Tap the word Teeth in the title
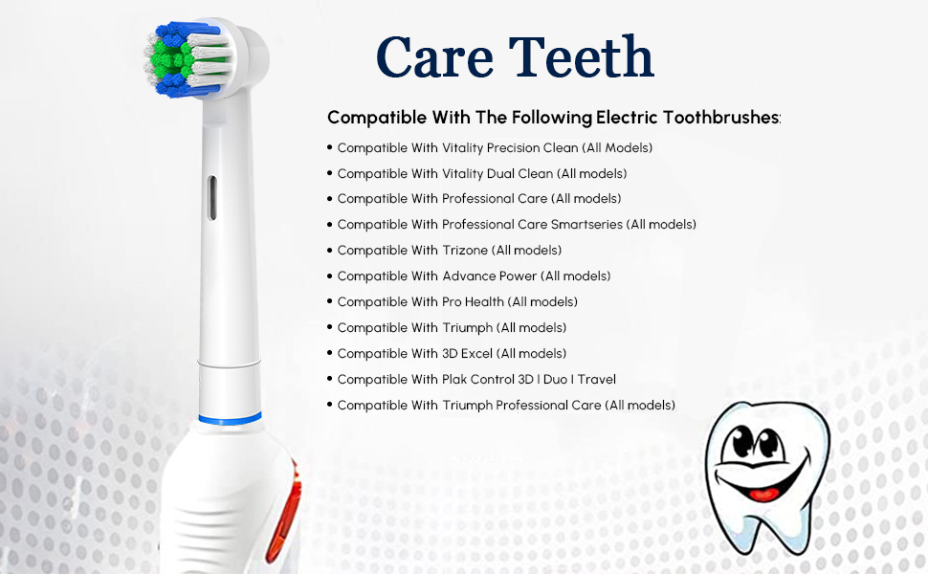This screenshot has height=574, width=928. coord(586,57)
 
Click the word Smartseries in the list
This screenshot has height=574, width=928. coord(587,225)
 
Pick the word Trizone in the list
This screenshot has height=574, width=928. coord(465,251)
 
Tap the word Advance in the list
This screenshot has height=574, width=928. coord(466,276)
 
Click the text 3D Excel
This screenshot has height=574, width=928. coord(467,354)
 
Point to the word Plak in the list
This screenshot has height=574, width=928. coord(456,380)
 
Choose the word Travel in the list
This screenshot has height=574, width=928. coord(595,380)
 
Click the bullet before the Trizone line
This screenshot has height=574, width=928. coord(329,250)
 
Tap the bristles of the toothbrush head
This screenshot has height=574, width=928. coord(182,60)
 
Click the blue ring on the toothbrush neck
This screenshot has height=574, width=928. coord(230,419)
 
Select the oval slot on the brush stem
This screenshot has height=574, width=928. coord(212,197)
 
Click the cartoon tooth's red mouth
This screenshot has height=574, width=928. coord(762,495)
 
